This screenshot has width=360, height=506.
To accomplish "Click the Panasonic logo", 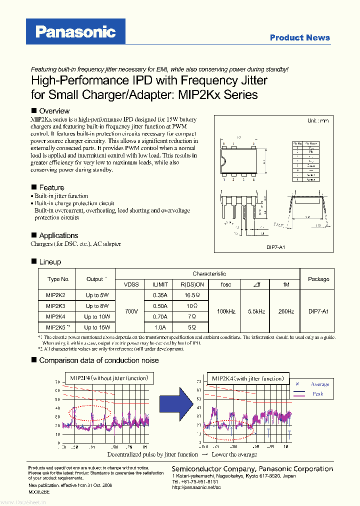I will point(76,32).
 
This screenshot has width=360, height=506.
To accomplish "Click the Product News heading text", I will point(299,37).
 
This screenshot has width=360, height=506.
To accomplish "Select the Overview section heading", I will point(54,110).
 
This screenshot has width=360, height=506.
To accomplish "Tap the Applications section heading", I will point(58,235).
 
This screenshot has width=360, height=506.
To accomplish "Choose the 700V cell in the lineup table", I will point(131,311).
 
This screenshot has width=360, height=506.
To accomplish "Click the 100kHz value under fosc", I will point(225,311).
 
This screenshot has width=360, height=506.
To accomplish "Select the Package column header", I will point(318,279).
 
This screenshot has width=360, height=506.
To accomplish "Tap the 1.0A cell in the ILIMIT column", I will point(159,327).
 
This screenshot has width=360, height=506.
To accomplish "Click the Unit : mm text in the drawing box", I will point(317,121).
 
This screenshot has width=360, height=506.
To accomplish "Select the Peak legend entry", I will point(317,394).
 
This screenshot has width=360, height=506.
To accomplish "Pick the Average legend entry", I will point(319,384).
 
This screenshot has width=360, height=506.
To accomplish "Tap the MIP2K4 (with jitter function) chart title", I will point(247,378).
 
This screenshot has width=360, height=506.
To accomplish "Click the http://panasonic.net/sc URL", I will point(195,487).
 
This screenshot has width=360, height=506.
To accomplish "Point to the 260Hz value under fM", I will point(285,311).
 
